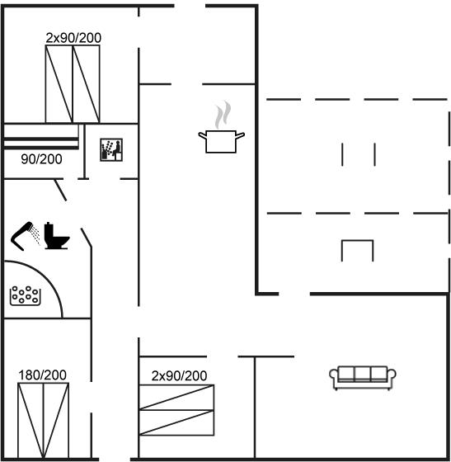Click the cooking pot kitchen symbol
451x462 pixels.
pos(221,141)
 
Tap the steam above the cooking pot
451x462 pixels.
pos(223,115)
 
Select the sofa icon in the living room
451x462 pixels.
pos(363,378)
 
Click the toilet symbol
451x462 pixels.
pos(57,236)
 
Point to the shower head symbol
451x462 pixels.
pos(26,236)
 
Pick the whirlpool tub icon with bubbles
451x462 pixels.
pos(25,295)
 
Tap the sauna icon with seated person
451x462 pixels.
pos(111,149)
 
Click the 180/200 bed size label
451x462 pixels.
pos(42,375)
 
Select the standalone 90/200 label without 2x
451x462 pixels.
pos(41,159)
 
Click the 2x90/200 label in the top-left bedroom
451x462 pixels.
pos(73,38)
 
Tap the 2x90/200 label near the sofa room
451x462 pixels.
pos(179,375)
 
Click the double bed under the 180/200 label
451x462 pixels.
pos(43,421)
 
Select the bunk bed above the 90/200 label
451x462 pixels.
pos(41,136)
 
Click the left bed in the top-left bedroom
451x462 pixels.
pos(59,84)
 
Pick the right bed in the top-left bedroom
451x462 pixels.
pos(87,84)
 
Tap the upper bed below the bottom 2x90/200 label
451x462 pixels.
pos(176,397)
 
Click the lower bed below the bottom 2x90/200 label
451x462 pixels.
pos(176,422)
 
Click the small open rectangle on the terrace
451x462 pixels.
pos(357,241)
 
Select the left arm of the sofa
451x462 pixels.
pos(334,378)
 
